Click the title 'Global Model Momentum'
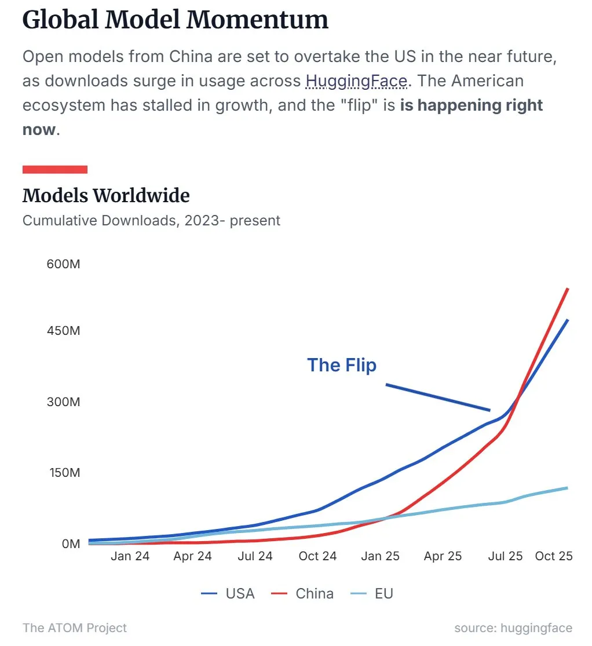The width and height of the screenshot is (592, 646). tap(175, 20)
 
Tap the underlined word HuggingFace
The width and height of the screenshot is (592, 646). tap(356, 81)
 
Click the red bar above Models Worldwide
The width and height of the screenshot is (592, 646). tap(54, 169)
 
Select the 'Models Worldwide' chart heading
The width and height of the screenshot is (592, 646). tap(106, 196)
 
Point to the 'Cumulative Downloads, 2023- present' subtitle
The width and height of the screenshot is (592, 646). tap(151, 221)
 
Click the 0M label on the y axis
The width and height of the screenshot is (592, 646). tap(70, 543)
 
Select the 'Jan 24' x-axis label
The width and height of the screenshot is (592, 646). tap(130, 556)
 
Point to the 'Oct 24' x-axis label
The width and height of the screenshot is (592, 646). tap(317, 556)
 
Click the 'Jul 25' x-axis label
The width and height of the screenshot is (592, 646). tap(505, 556)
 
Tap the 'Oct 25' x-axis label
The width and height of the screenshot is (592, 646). tap(554, 556)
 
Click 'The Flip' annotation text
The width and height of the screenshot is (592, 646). tap(342, 365)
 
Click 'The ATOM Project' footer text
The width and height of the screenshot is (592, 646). tap(74, 628)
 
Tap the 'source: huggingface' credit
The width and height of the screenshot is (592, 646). tap(513, 628)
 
